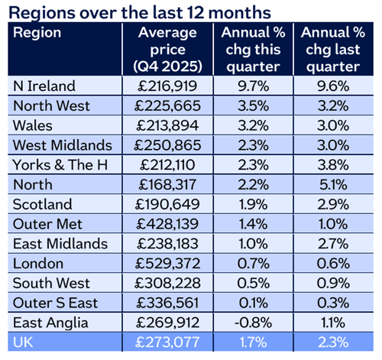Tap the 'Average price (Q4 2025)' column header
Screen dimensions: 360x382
[167, 47]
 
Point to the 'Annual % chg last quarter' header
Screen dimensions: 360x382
[332, 47]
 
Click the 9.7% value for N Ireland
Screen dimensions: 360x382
[251, 86]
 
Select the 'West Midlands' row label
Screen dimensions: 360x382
[57, 145]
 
